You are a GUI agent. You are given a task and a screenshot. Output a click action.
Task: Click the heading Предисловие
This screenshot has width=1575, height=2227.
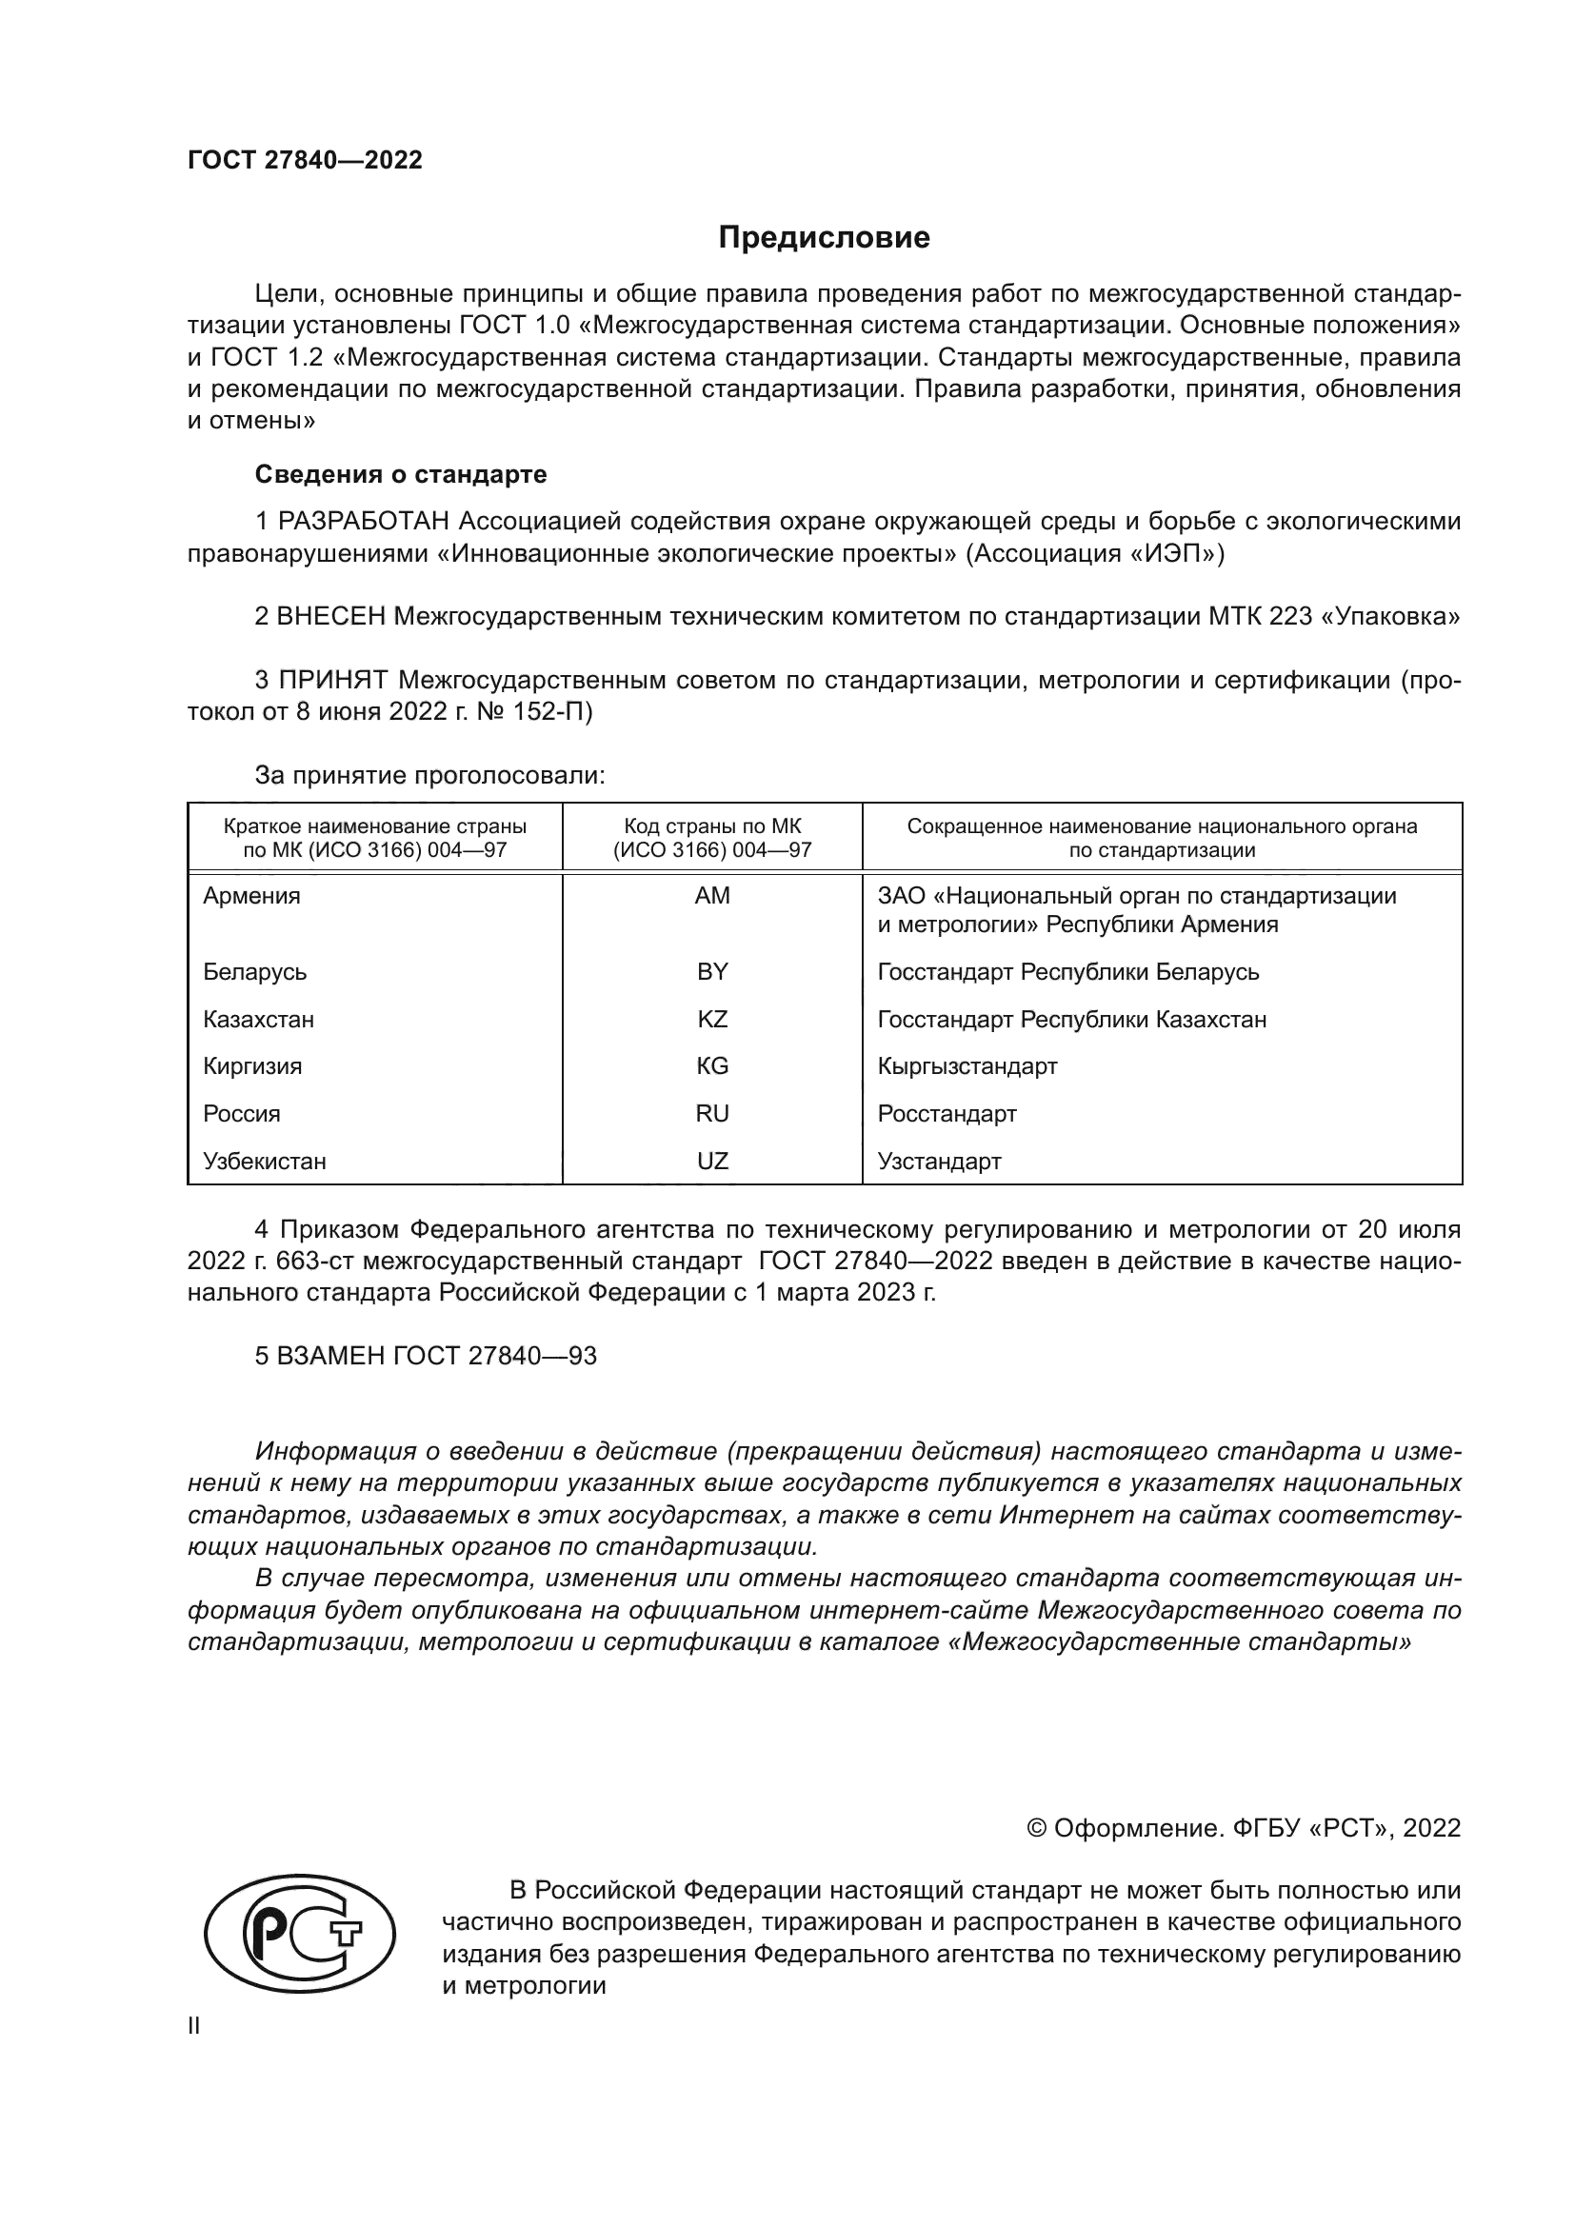(824, 238)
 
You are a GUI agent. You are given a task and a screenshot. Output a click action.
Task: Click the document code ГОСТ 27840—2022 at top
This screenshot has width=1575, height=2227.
(305, 161)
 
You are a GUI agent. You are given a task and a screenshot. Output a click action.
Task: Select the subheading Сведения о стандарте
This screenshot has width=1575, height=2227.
(401, 474)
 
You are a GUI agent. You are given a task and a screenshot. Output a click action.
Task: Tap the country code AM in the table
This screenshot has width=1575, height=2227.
(712, 896)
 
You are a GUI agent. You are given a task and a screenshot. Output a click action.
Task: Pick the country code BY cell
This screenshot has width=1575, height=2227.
(712, 972)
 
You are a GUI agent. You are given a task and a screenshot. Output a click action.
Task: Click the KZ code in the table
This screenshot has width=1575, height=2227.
(712, 1020)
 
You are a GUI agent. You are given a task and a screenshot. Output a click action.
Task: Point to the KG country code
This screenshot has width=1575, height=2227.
(712, 1066)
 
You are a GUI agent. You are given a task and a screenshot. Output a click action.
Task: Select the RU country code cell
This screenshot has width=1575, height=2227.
(712, 1114)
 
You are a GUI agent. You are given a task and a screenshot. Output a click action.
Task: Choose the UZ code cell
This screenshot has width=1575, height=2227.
(712, 1161)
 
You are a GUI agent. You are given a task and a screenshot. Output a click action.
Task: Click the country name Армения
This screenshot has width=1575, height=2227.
(251, 896)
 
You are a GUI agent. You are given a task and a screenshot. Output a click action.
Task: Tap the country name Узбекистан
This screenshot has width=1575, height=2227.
(264, 1161)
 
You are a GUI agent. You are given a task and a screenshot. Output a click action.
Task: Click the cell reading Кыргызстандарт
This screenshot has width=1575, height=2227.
(967, 1066)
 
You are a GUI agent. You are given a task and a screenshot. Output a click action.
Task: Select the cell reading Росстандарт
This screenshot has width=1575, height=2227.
(947, 1114)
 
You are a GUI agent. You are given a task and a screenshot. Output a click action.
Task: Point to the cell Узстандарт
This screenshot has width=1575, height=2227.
(939, 1161)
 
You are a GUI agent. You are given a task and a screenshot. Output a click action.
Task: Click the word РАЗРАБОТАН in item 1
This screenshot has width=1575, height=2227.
(364, 522)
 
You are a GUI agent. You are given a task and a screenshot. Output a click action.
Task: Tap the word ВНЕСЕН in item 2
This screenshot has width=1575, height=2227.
(330, 617)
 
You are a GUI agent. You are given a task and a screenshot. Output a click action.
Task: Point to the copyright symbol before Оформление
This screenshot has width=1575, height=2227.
(1036, 1828)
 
